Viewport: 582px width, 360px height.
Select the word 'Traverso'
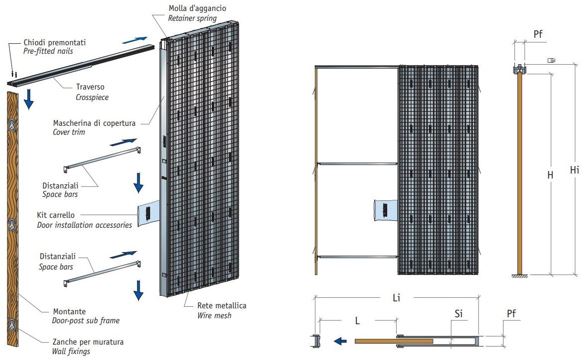pos(89,88)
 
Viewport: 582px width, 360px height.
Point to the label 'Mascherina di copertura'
pos(96,122)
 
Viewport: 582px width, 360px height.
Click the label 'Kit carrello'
pos(56,215)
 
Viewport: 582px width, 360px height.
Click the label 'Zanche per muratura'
pos(88,342)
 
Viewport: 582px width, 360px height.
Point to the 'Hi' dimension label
pos(574,170)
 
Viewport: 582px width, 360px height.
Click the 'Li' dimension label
pos(396,298)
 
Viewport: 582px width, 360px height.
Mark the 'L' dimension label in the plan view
pos(358,321)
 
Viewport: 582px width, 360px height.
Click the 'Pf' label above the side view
pos(538,35)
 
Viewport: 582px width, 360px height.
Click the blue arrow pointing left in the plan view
pos(340,341)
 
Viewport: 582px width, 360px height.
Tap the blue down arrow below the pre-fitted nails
pos(29,99)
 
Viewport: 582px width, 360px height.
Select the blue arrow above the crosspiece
pos(135,39)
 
